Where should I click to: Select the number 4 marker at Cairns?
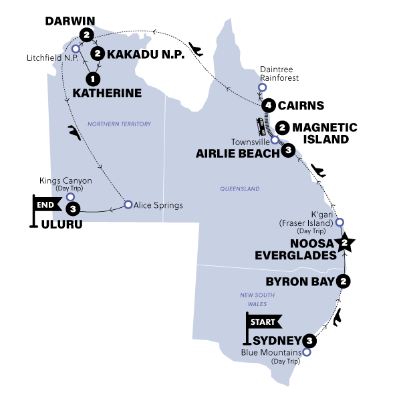point(268,105)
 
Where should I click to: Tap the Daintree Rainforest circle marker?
point(262,88)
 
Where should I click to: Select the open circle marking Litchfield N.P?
point(76,49)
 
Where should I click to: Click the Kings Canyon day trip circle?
point(70,196)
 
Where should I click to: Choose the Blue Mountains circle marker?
point(306,352)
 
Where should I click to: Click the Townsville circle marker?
point(275,140)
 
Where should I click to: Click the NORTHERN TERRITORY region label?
point(120,124)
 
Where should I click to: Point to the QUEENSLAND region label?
point(239,189)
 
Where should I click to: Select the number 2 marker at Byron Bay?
point(344,281)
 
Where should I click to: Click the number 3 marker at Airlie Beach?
point(287,151)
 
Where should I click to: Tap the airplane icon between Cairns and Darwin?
point(196,48)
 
